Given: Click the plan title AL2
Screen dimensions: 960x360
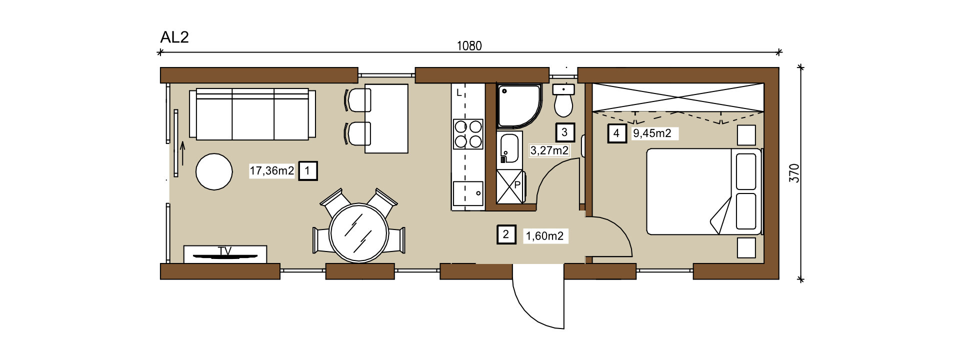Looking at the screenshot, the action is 174,37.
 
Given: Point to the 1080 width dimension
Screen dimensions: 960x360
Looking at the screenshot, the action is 469,46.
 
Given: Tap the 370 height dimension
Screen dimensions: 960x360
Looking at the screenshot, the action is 794,173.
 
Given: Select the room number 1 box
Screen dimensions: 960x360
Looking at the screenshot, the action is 307,170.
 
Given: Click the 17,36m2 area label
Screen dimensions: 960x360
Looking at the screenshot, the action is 272,171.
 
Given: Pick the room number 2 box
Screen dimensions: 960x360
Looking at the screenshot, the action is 506,234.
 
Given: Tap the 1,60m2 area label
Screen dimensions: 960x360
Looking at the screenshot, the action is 544,236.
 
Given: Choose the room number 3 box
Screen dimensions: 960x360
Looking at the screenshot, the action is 565,132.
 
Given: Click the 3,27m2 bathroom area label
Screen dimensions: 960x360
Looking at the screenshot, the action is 549,150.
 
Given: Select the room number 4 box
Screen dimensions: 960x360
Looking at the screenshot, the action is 616,133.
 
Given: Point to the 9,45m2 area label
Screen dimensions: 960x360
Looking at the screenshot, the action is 652,133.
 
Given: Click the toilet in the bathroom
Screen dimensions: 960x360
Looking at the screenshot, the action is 563,100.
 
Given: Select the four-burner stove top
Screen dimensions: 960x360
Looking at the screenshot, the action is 468,134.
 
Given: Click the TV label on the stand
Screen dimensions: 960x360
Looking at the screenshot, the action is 225,251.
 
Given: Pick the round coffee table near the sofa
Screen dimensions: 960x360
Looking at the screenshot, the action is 214,171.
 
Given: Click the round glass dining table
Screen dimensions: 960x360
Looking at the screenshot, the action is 359,233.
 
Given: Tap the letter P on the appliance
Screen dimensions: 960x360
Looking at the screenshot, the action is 517,184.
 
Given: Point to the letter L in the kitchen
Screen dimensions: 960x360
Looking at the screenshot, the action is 459,93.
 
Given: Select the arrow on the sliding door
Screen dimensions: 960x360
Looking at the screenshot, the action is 182,153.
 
